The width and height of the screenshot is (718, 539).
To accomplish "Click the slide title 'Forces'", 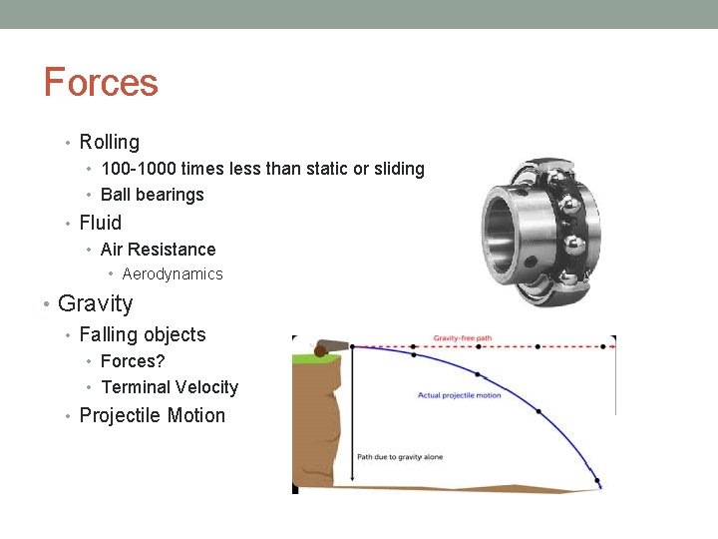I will pyautogui.click(x=101, y=82).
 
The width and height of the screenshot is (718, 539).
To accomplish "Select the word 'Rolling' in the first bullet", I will pyautogui.click(x=109, y=143).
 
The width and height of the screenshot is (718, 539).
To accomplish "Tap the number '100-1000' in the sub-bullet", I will pyautogui.click(x=138, y=169).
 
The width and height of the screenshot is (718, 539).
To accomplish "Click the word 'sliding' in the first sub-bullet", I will pyautogui.click(x=396, y=169).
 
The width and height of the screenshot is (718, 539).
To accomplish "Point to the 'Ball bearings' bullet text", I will pyautogui.click(x=152, y=195).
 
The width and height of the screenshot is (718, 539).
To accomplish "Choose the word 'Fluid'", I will pyautogui.click(x=100, y=223).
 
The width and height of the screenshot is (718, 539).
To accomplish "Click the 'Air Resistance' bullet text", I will pyautogui.click(x=158, y=250).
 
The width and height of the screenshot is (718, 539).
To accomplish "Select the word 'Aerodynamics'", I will pyautogui.click(x=173, y=273).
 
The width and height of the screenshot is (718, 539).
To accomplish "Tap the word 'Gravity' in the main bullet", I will pyautogui.click(x=95, y=303).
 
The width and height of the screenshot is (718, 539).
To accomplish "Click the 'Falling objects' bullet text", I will pyautogui.click(x=142, y=334).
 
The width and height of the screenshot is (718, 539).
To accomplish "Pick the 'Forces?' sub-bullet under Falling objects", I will pyautogui.click(x=133, y=361).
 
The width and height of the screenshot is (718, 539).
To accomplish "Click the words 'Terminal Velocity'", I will pyautogui.click(x=170, y=387).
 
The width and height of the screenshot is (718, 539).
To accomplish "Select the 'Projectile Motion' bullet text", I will pyautogui.click(x=152, y=415).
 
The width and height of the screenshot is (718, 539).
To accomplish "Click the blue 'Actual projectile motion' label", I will pyautogui.click(x=459, y=395).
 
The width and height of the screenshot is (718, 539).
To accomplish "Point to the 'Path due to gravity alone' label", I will pyautogui.click(x=399, y=457).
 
